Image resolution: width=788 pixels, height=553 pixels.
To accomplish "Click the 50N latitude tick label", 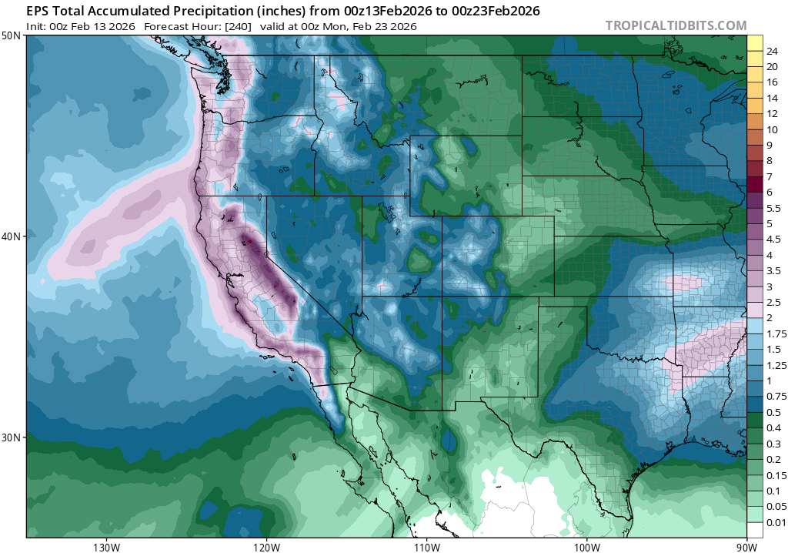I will pos(12,36).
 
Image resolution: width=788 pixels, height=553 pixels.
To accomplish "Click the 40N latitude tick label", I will pos(12,236).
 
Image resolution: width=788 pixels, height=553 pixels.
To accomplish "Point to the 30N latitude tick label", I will pos(12,437).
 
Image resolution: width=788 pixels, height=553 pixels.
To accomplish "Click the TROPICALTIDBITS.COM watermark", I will pos(676,25).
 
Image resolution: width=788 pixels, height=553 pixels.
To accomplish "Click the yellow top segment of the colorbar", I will pos(755,43).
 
